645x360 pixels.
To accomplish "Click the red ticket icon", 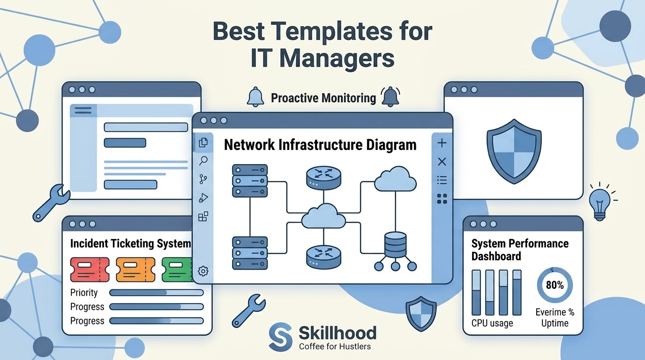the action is click(90, 270).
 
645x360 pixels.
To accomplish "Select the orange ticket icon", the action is click(135, 270).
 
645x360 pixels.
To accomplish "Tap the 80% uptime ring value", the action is click(555, 285).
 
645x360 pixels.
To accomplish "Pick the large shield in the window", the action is click(514, 151).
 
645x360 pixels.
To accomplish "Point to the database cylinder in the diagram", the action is click(395, 245).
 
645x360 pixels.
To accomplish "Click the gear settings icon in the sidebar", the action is click(203, 271).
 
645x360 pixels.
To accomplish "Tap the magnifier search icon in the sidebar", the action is click(203, 161).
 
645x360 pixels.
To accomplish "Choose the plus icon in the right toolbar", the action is click(442, 143).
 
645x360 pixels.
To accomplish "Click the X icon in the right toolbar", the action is click(442, 162).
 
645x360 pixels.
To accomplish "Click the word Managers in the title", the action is click(337, 58).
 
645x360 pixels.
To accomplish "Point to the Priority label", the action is click(84, 292).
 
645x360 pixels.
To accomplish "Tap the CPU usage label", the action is click(492, 323).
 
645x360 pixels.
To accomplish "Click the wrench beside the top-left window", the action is click(51, 203).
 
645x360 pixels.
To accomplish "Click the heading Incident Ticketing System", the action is click(130, 244).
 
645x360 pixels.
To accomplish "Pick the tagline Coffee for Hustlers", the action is click(335, 346).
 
